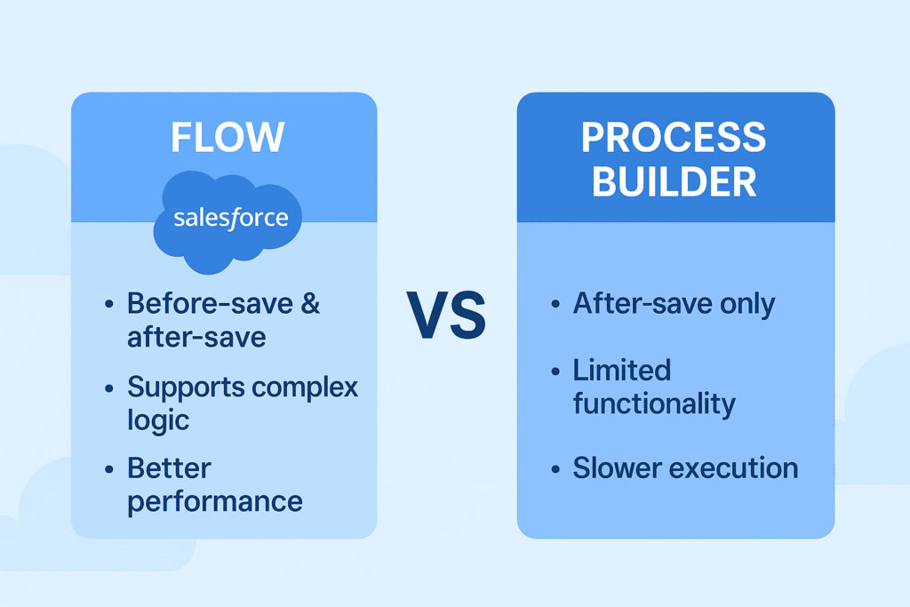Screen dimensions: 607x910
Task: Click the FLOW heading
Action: point(227,139)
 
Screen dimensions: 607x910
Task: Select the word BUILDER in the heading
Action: point(675,180)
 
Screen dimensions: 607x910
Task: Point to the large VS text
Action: point(446,315)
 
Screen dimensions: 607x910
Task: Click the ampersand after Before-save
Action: point(309,303)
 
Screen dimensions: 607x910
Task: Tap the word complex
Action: point(303,388)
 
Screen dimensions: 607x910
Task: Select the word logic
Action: point(157,420)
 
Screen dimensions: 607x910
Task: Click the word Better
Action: point(169,467)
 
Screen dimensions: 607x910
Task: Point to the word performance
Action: point(214,502)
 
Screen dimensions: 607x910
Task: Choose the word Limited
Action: point(621,370)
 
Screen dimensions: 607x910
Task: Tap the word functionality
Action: point(653,403)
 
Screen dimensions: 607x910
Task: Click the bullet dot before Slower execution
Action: point(555,469)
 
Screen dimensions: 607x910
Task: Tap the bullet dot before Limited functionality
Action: point(555,371)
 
